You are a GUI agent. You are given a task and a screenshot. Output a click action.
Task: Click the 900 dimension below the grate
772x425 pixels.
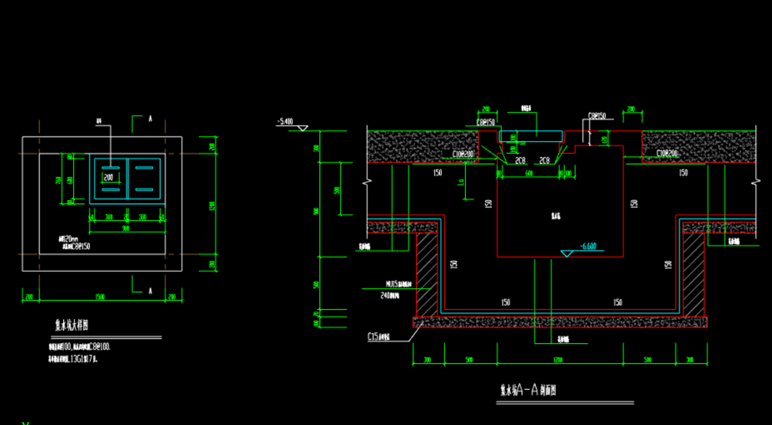coord(126,227)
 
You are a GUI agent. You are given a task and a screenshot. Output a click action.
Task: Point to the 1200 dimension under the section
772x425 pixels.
coord(558,360)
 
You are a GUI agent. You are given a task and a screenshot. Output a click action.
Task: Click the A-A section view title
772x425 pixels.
coord(528,390)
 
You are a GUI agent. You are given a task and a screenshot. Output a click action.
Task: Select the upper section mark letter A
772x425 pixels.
coord(150,119)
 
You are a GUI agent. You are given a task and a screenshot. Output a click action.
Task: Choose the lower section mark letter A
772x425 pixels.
coord(150,290)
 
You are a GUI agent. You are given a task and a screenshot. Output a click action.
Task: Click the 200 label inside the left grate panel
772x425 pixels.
coord(108,178)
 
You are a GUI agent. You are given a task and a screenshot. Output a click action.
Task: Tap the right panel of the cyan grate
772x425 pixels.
coord(144,178)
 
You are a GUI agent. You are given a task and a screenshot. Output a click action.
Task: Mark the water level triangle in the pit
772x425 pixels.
coord(568,253)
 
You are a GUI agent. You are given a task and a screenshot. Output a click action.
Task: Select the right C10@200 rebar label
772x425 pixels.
coord(667,153)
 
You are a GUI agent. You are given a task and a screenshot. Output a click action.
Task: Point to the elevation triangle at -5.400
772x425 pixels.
coord(302,127)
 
